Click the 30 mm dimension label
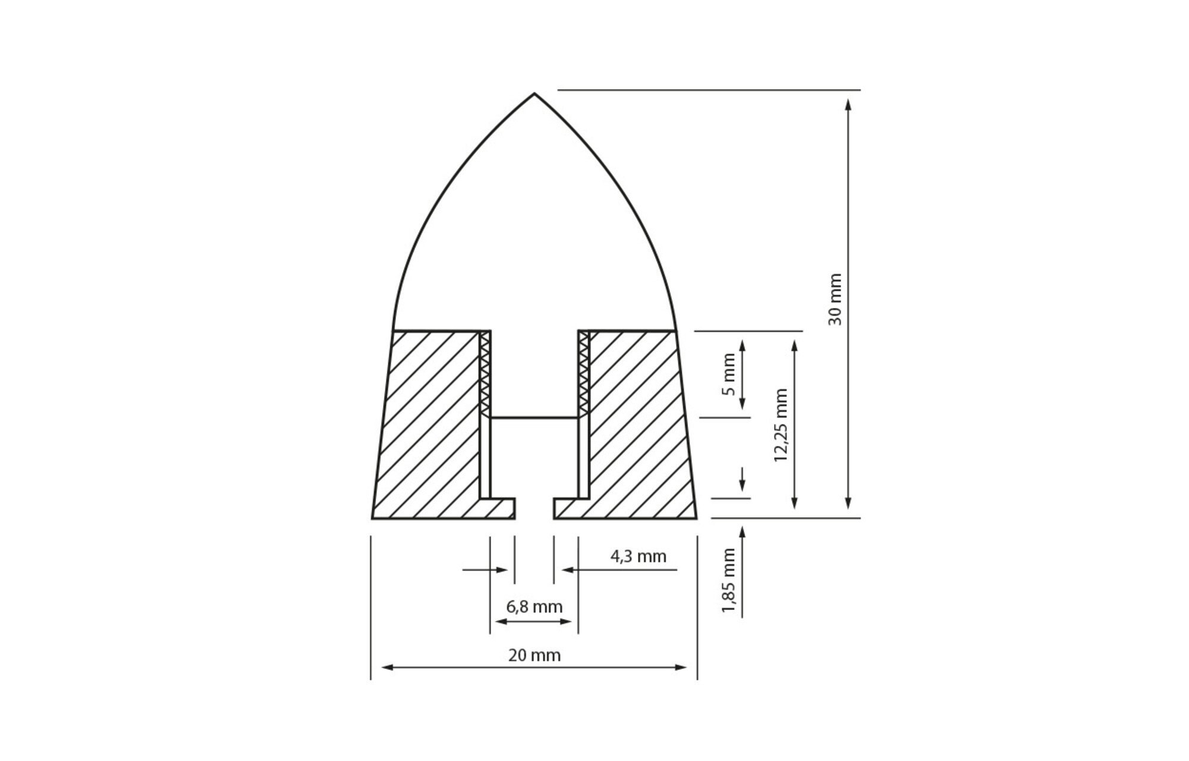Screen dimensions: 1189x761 point(835,299)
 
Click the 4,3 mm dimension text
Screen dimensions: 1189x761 point(638,556)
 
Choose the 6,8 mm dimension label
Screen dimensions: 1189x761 point(534,607)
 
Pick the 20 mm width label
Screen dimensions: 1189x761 point(534,655)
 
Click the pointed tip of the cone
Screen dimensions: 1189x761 point(534,93)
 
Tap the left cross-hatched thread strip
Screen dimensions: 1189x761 point(485,374)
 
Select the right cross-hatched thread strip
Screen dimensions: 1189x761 point(584,374)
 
